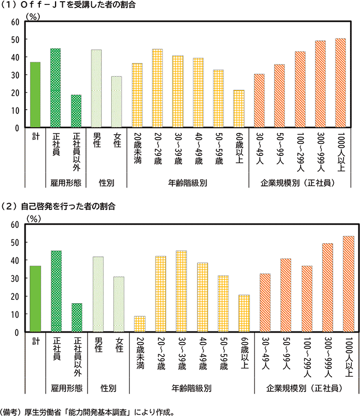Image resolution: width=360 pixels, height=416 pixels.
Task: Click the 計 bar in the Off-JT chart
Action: pyautogui.click(x=35, y=95)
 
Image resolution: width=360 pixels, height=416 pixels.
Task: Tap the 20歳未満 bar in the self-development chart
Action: pyautogui.click(x=140, y=324)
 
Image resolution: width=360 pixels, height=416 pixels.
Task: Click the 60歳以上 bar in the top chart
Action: pyautogui.click(x=239, y=108)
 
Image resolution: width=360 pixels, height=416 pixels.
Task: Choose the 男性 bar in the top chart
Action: pyautogui.click(x=97, y=88)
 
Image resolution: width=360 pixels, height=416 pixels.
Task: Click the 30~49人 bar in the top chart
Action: pyautogui.click(x=259, y=100)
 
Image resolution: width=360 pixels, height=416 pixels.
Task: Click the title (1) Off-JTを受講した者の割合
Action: pyautogui.click(x=68, y=4)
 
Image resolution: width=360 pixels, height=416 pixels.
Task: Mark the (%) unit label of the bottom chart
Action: pyautogui.click(x=34, y=218)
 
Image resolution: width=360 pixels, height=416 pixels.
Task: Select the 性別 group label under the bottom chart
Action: pyautogui.click(x=107, y=388)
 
